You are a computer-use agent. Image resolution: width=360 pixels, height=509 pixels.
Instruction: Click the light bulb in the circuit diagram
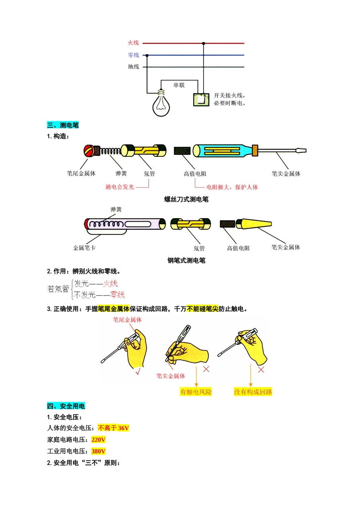pos(161,103)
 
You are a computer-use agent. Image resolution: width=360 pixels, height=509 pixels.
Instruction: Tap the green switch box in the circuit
pos(201,100)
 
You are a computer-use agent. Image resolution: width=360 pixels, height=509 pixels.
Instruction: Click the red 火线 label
pos(133,43)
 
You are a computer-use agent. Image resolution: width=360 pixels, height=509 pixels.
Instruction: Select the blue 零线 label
pos(133,55)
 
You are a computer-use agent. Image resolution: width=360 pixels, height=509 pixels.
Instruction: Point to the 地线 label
pos(133,67)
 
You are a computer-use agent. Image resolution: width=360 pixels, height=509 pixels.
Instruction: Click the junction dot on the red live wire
pos(203,43)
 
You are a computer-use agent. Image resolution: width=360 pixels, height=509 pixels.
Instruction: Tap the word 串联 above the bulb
pos(179,85)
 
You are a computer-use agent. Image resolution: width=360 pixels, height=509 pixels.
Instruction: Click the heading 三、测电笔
pos(63,125)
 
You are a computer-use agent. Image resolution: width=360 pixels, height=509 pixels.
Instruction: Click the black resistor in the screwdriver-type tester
pos(182,151)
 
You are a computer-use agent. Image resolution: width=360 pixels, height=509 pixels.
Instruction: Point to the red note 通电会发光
pos(120,187)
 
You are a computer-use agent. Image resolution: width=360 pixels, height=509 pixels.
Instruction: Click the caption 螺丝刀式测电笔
pos(186,199)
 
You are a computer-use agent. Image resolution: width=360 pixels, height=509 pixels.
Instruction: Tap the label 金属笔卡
pos(84,248)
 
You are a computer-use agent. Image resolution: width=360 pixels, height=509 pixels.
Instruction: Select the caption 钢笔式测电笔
pos(186,261)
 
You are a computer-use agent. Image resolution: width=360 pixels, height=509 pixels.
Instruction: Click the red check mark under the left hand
pos(138,372)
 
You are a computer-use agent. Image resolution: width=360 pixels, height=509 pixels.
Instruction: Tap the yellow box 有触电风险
pos(196,392)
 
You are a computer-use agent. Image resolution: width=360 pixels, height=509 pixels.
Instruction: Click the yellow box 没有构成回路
pos(253,392)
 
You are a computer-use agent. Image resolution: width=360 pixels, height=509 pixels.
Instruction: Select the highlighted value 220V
pos(98,439)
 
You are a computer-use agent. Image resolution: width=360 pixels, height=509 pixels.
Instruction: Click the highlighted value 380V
pos(98,451)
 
